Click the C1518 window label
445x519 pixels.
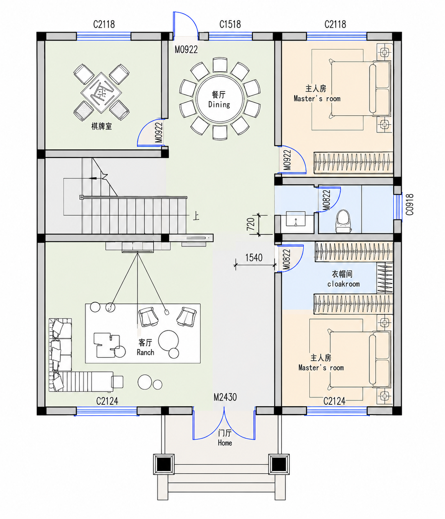[230, 25]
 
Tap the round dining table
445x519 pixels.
[220, 99]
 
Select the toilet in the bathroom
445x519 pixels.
[343, 221]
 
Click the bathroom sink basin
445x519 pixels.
[296, 219]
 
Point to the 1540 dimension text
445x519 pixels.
[254, 258]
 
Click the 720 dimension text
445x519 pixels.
[251, 224]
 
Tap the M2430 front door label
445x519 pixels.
[225, 397]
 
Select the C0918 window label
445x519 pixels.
[410, 205]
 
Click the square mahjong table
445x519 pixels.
[101, 93]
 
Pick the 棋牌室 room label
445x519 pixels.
[102, 126]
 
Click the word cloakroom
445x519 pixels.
[343, 284]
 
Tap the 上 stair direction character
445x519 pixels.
[196, 216]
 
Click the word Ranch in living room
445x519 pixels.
[145, 352]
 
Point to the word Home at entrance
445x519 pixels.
[225, 443]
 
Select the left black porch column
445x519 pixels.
[164, 464]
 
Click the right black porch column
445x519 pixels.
[279, 464]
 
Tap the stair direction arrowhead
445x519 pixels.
[93, 178]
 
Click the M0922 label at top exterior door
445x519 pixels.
[186, 50]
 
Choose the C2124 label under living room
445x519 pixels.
[107, 401]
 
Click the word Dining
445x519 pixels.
[219, 104]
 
